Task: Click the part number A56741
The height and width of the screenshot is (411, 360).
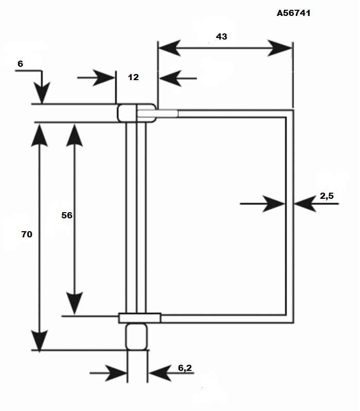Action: coord(293,13)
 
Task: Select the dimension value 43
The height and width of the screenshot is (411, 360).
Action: coord(222,36)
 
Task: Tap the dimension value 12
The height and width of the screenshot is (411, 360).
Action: coord(133,77)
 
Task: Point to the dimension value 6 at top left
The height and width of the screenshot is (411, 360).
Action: coord(20,64)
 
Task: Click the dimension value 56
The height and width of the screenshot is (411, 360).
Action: coord(67,215)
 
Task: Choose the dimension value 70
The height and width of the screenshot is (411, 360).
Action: coord(27,234)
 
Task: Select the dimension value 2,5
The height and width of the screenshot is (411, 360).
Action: coord(327,196)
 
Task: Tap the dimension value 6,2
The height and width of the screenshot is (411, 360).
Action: coord(185,368)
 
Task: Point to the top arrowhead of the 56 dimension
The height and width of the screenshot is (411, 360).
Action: coord(75,135)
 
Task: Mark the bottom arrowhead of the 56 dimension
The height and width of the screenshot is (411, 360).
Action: coord(75,303)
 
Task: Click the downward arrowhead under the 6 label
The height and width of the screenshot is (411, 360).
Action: coord(42,93)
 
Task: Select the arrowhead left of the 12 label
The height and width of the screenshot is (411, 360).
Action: coord(104,78)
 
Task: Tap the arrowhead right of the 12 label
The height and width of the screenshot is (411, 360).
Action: coord(170,78)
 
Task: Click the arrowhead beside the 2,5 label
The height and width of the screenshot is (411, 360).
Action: coord(305,203)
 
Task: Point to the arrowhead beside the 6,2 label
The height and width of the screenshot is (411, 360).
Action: coord(160,373)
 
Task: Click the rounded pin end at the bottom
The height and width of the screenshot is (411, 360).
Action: coord(136,337)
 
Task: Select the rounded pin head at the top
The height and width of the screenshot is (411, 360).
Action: coord(137,113)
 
